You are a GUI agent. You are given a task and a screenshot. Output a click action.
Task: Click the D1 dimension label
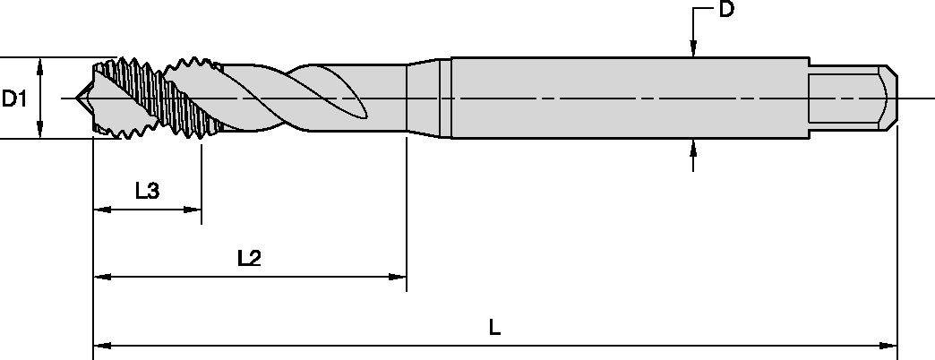pyautogui.click(x=13, y=98)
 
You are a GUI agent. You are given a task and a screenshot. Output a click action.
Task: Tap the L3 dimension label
pyautogui.click(x=148, y=190)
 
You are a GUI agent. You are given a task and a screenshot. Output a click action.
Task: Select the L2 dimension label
pyautogui.click(x=249, y=258)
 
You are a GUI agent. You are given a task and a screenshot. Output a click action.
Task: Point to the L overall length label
pyautogui.click(x=494, y=328)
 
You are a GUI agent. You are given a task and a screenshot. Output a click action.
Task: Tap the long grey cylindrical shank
pyautogui.click(x=627, y=97)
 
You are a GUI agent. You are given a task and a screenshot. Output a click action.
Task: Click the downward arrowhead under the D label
pyautogui.click(x=692, y=50)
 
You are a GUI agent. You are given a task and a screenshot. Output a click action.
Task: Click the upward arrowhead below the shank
pyautogui.click(x=692, y=148)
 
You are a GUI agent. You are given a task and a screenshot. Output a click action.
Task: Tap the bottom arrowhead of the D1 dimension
pyautogui.click(x=40, y=132)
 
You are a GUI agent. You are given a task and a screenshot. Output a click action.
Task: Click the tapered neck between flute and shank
pyautogui.click(x=428, y=97)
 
